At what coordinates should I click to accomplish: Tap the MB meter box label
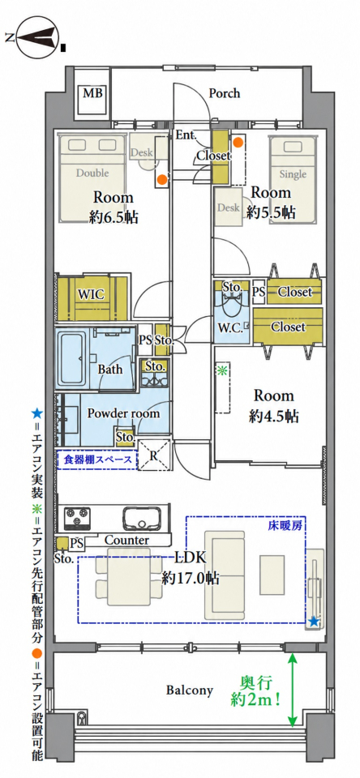pyautogui.click(x=91, y=92)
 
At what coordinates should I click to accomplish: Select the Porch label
pyautogui.click(x=224, y=92)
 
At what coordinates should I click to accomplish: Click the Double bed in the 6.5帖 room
pyautogui.click(x=92, y=177)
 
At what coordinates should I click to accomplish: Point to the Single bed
pyautogui.click(x=293, y=179)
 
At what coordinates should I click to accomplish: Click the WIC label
pyautogui.click(x=92, y=294)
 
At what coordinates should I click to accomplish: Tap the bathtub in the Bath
pyautogui.click(x=72, y=358)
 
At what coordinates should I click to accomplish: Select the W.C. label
pyautogui.click(x=229, y=328)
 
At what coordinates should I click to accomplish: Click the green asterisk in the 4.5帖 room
pyautogui.click(x=221, y=370)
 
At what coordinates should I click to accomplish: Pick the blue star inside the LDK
pyautogui.click(x=314, y=621)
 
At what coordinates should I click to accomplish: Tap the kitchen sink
pyautogui.click(x=142, y=518)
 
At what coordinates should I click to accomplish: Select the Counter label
pyautogui.click(x=126, y=540)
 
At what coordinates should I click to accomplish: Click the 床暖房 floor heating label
pyautogui.click(x=286, y=524)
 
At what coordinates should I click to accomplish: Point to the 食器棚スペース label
pyautogui.click(x=97, y=460)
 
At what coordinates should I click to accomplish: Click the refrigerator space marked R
pyautogui.click(x=154, y=454)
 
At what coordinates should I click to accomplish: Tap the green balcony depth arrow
pyautogui.click(x=293, y=689)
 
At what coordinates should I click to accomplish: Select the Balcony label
pyautogui.click(x=189, y=690)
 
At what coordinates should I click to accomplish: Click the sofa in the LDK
pyautogui.click(x=225, y=574)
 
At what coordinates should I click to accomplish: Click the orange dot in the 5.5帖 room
pyautogui.click(x=238, y=143)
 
